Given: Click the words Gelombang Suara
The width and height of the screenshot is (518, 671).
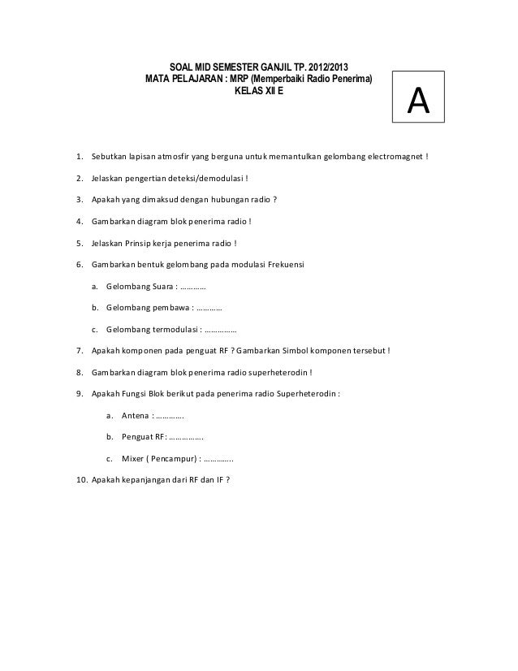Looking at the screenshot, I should click(139, 287).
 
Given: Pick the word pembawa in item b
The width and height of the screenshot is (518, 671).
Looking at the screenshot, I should click(168, 309).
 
